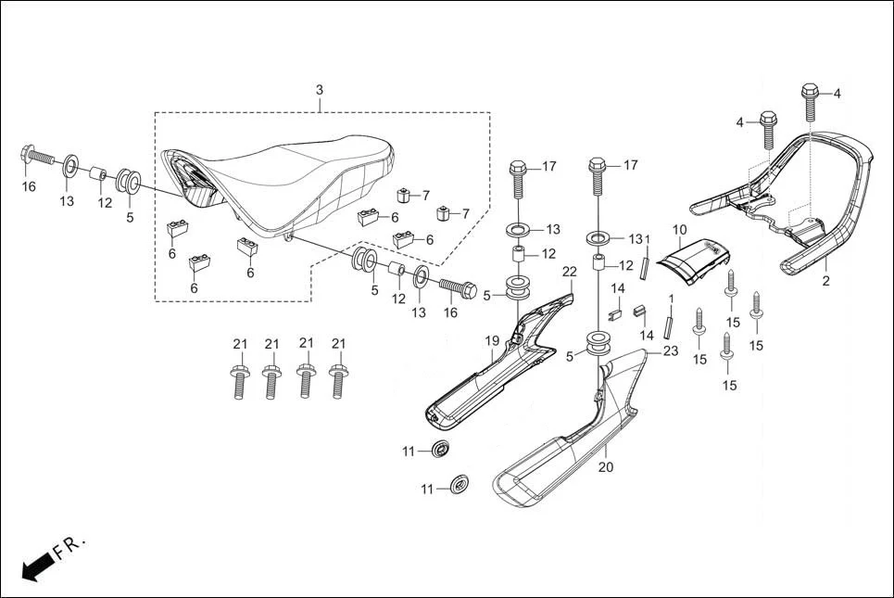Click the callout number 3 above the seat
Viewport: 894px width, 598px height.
click(x=320, y=90)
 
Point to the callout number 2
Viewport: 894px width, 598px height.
click(x=826, y=278)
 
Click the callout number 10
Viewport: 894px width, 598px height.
click(x=679, y=229)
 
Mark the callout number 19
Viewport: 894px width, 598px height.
click(x=492, y=341)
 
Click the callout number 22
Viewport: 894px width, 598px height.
click(x=570, y=271)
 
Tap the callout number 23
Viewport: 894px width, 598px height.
click(x=671, y=350)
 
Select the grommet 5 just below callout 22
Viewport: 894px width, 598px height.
click(x=518, y=287)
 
